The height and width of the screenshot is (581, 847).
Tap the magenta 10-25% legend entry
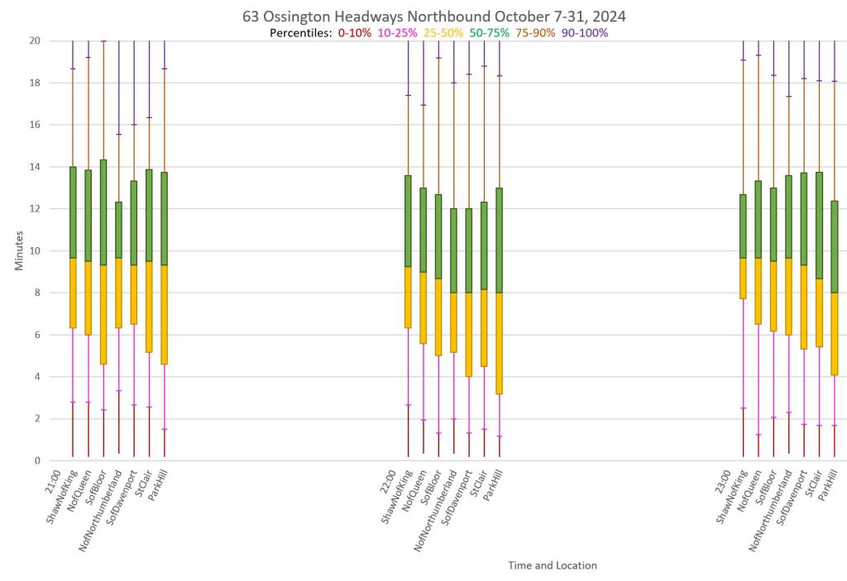pos(397,33)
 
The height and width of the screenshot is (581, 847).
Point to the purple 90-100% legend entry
pos(585,33)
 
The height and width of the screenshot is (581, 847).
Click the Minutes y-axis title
pos(18,250)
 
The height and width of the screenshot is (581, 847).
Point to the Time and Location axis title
pos(552,566)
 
